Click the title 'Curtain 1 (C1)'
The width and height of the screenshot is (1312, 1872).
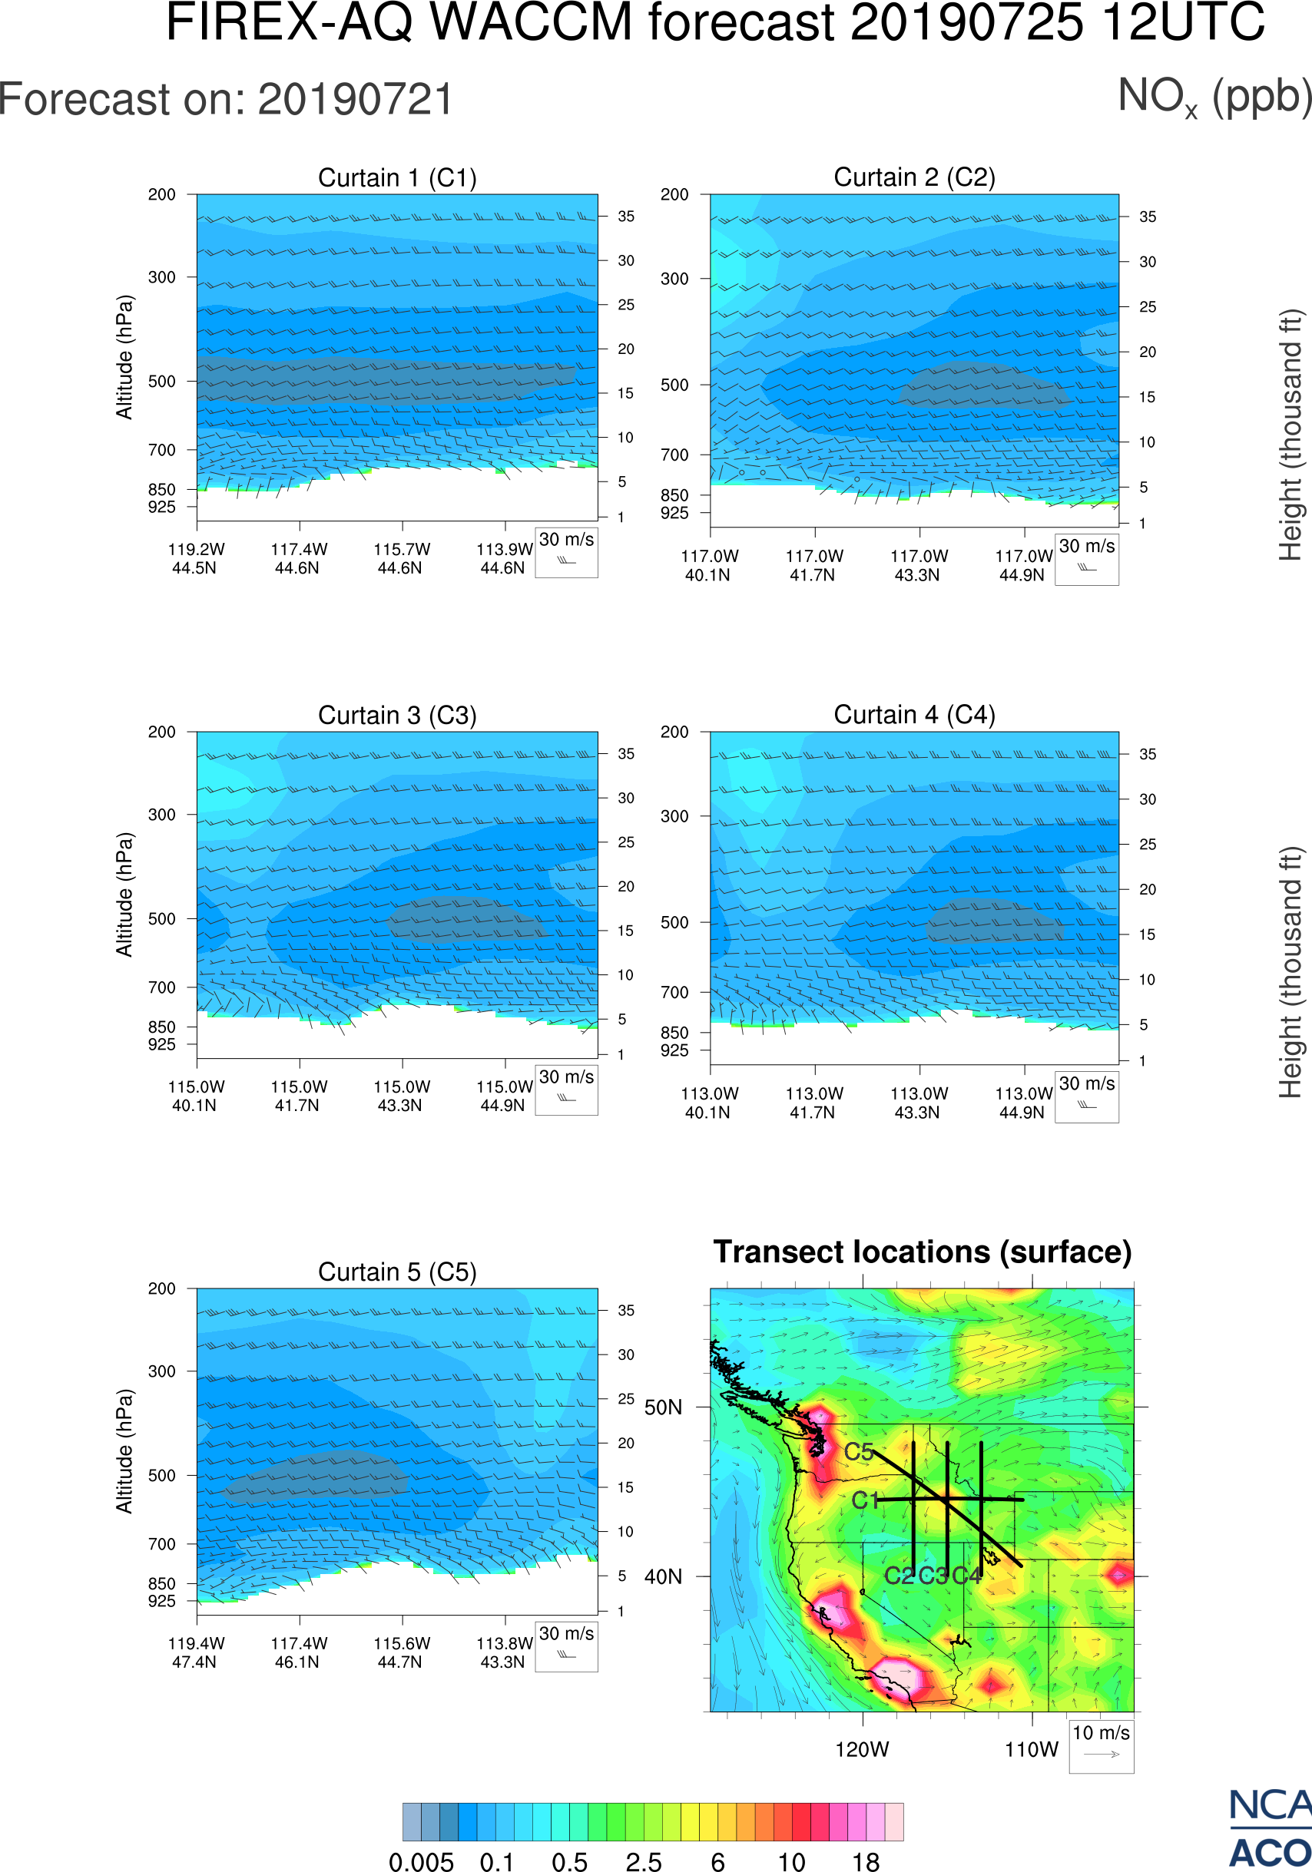pyautogui.click(x=397, y=177)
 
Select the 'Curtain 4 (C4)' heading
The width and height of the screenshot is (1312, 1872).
pyautogui.click(x=914, y=715)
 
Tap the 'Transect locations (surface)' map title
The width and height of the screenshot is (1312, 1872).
pyautogui.click(x=923, y=1252)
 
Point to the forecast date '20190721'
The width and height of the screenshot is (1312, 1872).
pyautogui.click(x=356, y=101)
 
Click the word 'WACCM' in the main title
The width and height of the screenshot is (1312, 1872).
pyautogui.click(x=531, y=22)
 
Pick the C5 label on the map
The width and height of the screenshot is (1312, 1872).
pyautogui.click(x=859, y=1451)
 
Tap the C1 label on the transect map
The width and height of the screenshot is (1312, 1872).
pyautogui.click(x=865, y=1500)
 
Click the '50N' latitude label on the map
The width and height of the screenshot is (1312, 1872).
pyautogui.click(x=663, y=1407)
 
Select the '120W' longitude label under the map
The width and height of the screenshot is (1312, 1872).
pyautogui.click(x=862, y=1750)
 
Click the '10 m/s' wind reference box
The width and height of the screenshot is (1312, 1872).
pyautogui.click(x=1101, y=1745)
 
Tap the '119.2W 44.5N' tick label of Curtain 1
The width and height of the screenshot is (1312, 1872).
pyautogui.click(x=196, y=558)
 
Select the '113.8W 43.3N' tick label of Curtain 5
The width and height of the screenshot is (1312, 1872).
pyautogui.click(x=503, y=1652)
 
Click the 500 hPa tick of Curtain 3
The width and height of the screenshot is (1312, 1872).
pyautogui.click(x=161, y=919)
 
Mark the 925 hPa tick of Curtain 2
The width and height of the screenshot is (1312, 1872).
pyautogui.click(x=674, y=513)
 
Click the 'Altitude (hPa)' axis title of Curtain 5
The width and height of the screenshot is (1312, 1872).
pyautogui.click(x=124, y=1451)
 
